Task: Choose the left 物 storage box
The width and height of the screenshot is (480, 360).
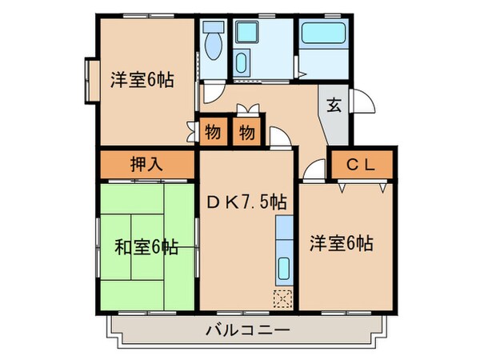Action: click(212, 131)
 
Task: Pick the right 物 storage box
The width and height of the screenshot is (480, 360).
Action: click(247, 131)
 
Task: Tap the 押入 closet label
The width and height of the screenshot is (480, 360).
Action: click(147, 166)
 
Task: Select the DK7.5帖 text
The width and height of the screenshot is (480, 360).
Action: click(246, 202)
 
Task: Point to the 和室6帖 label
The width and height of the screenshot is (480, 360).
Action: click(147, 247)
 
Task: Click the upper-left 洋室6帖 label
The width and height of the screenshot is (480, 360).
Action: click(142, 80)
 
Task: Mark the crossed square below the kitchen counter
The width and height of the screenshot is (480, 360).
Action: click(283, 298)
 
